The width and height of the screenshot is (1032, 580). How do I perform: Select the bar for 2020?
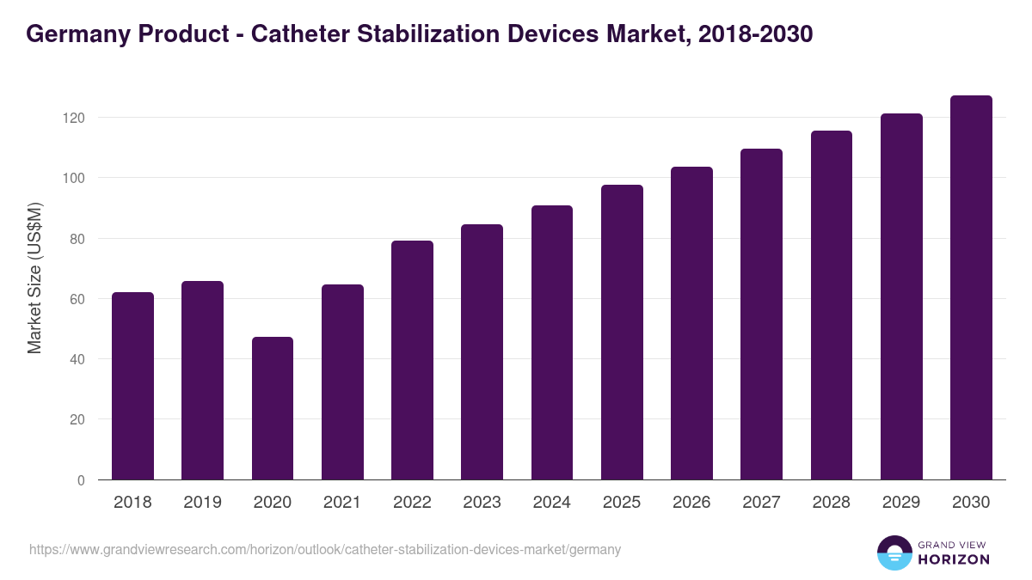click(273, 408)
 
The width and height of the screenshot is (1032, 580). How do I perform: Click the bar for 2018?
click(132, 386)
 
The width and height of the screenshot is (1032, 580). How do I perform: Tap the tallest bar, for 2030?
click(971, 288)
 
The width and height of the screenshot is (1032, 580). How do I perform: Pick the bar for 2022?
click(412, 360)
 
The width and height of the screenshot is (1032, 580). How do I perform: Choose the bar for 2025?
click(622, 333)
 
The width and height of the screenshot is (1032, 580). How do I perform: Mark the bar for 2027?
click(761, 314)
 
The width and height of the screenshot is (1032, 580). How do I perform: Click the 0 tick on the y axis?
click(81, 480)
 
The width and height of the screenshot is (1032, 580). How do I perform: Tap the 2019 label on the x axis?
click(202, 503)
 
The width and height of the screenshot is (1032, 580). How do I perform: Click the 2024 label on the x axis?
click(551, 503)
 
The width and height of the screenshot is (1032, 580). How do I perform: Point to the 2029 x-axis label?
click(900, 503)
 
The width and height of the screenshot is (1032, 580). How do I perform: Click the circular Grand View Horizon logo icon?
click(894, 553)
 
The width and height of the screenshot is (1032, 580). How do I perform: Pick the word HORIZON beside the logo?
click(955, 559)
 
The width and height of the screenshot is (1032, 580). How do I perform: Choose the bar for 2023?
click(482, 352)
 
